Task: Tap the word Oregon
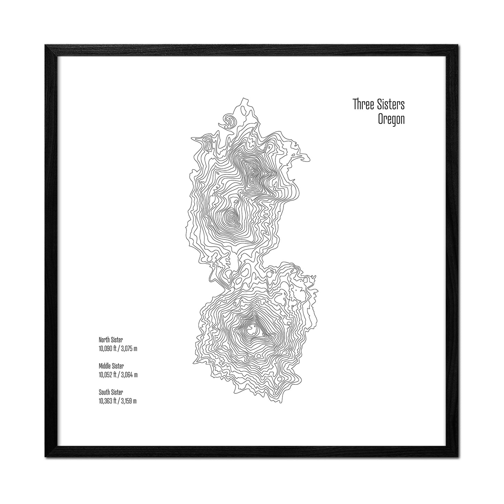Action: [x=391, y=120]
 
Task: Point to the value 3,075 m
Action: [x=129, y=348]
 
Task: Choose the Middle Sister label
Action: [x=111, y=366]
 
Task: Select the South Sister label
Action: [x=111, y=392]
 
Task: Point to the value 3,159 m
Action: [x=129, y=401]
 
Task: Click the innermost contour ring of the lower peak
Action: [x=251, y=328]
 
